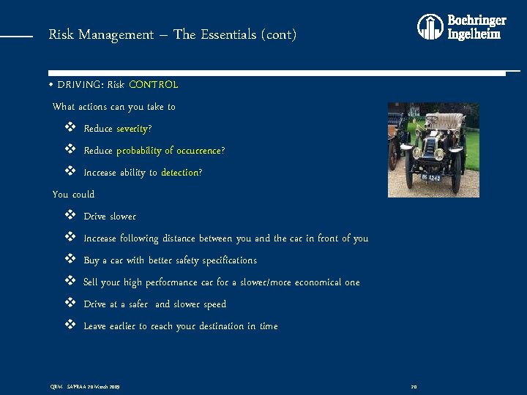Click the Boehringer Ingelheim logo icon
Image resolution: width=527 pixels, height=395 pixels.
click(x=430, y=27)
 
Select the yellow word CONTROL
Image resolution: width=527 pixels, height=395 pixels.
click(x=153, y=84)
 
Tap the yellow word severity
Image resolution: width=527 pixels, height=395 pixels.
click(x=132, y=129)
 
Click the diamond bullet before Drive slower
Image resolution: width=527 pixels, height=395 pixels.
click(x=70, y=216)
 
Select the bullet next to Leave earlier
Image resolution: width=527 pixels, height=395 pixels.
click(x=70, y=326)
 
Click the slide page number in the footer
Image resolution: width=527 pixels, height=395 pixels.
click(x=414, y=385)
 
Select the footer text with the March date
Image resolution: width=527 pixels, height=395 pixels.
click(x=84, y=385)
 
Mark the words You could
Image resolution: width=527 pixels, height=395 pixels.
click(x=73, y=195)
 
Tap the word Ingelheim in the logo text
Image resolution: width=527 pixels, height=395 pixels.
click(x=474, y=34)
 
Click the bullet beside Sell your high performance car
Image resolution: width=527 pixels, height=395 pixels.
click(x=70, y=282)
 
